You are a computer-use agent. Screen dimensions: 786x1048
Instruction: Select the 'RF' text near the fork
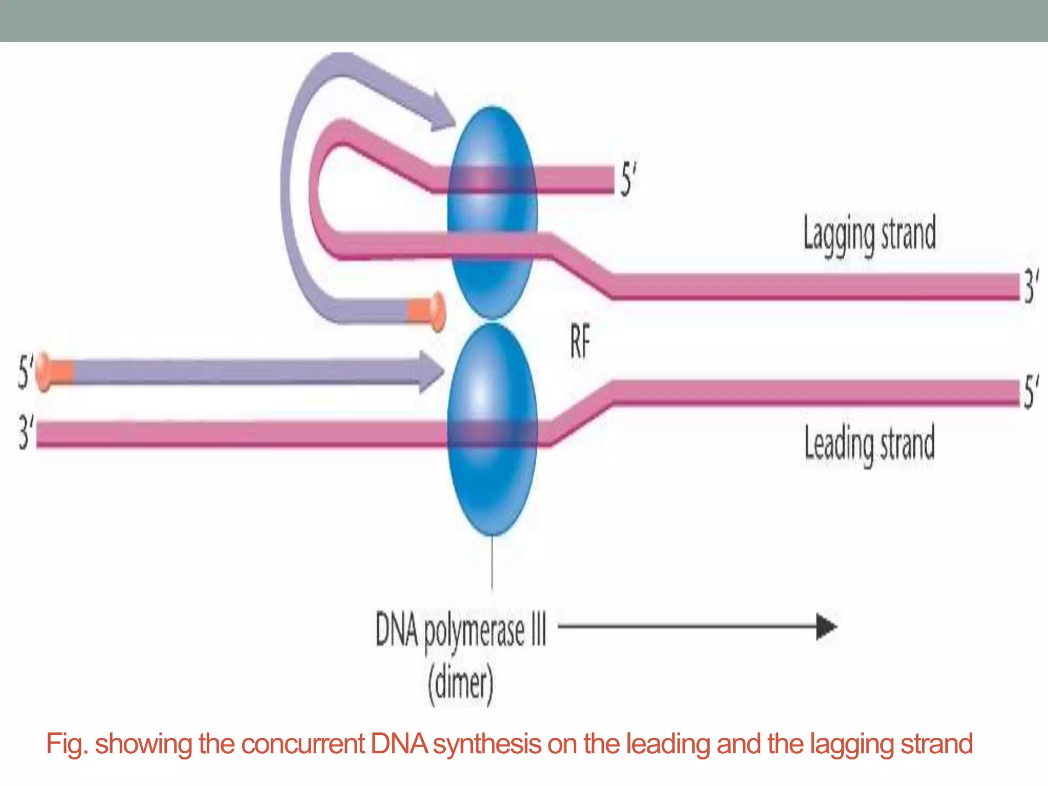(580, 342)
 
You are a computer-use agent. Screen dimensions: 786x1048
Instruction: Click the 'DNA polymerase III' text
(461, 630)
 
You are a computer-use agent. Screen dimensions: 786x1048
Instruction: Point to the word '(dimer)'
(461, 684)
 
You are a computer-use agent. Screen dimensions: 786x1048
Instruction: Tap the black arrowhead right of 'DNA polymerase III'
(825, 626)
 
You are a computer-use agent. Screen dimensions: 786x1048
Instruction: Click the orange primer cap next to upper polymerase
(427, 311)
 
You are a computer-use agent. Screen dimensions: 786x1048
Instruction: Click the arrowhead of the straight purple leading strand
(431, 371)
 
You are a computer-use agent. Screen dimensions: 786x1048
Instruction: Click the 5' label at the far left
(25, 372)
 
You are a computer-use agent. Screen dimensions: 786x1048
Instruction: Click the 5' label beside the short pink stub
(628, 180)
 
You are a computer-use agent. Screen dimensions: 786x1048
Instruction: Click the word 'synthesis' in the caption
(487, 744)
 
